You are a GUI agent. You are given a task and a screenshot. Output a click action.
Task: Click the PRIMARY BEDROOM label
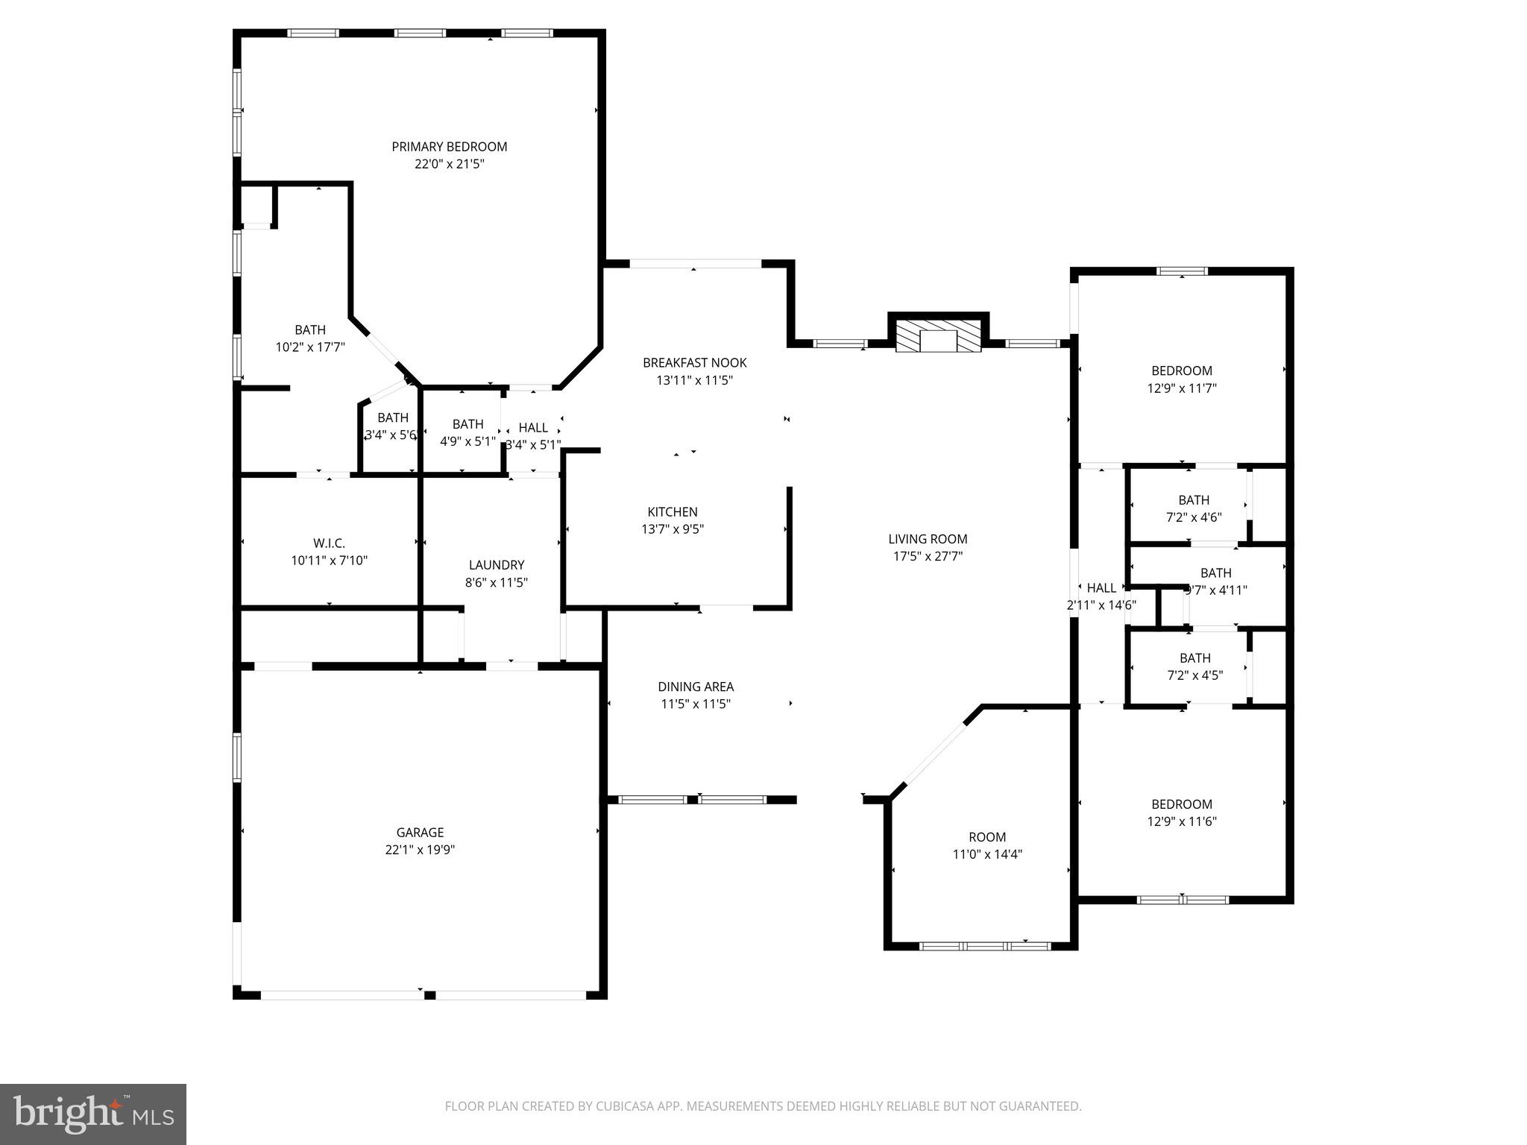pyautogui.click(x=450, y=147)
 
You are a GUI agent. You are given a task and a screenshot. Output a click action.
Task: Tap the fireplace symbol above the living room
pyautogui.click(x=938, y=337)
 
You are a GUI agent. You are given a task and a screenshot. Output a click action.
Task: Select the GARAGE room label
pyautogui.click(x=420, y=833)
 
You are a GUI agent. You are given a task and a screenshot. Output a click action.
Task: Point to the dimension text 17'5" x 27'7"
pyautogui.click(x=928, y=556)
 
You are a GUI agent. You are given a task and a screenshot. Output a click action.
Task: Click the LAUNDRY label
pyautogui.click(x=497, y=565)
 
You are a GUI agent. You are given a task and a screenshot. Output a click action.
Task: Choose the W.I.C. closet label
pyautogui.click(x=329, y=543)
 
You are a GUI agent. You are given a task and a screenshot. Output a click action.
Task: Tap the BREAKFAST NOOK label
pyautogui.click(x=694, y=363)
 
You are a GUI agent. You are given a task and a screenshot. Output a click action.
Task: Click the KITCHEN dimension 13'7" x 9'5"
pyautogui.click(x=673, y=529)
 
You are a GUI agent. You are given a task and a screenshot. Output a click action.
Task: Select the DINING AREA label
pyautogui.click(x=695, y=687)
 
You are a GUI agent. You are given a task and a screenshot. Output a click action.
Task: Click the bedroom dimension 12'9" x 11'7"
pyautogui.click(x=1182, y=388)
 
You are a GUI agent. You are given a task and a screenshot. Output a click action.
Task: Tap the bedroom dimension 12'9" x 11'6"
pyautogui.click(x=1182, y=821)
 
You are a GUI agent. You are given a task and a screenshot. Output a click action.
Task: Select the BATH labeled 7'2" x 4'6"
pyautogui.click(x=1194, y=500)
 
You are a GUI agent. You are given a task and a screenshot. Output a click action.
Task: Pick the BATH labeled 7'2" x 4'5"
pyautogui.click(x=1194, y=658)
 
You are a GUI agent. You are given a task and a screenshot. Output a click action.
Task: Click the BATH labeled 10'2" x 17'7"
pyautogui.click(x=310, y=330)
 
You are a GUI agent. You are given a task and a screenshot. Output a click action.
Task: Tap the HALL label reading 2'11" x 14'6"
pyautogui.click(x=1101, y=588)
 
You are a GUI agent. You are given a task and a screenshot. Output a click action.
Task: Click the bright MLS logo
pyautogui.click(x=93, y=1114)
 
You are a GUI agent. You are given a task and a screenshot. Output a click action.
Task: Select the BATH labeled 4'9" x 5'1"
pyautogui.click(x=467, y=424)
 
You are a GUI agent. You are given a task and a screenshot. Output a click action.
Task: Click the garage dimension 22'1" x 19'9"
pyautogui.click(x=420, y=850)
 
